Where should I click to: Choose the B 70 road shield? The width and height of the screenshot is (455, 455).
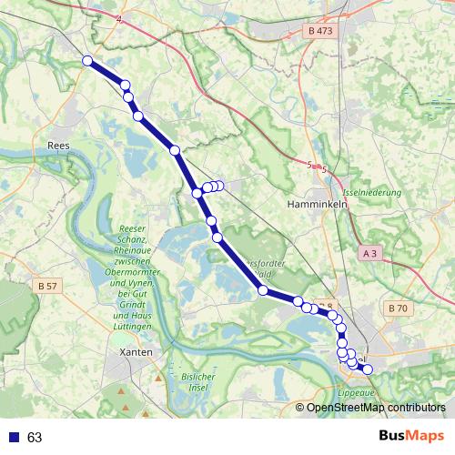(397, 308)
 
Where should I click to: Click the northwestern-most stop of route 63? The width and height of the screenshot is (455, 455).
(87, 61)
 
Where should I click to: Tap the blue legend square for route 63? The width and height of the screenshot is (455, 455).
(12, 437)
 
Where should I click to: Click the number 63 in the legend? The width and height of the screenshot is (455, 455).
(35, 437)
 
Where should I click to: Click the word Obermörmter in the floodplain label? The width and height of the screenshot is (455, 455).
(140, 272)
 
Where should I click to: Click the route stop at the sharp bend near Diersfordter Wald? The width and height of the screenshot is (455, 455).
(262, 290)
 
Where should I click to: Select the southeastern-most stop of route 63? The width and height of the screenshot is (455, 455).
(367, 368)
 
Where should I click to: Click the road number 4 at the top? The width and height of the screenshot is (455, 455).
(118, 17)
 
